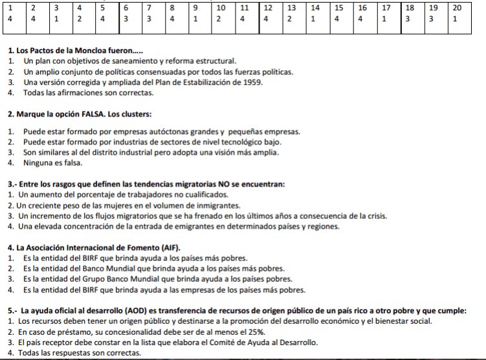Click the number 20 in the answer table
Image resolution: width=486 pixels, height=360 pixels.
[457, 8]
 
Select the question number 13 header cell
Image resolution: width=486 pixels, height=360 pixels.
[292, 8]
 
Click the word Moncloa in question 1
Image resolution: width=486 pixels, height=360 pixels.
[89, 50]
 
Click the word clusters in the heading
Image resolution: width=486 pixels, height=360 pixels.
[134, 114]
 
